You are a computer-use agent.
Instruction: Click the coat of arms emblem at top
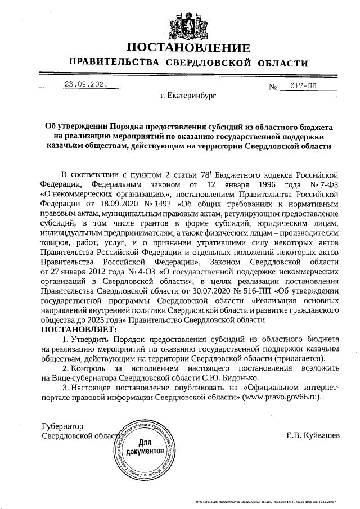click(x=179, y=24)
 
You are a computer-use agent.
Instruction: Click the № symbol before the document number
click(x=274, y=87)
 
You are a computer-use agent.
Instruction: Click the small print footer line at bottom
click(x=265, y=501)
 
